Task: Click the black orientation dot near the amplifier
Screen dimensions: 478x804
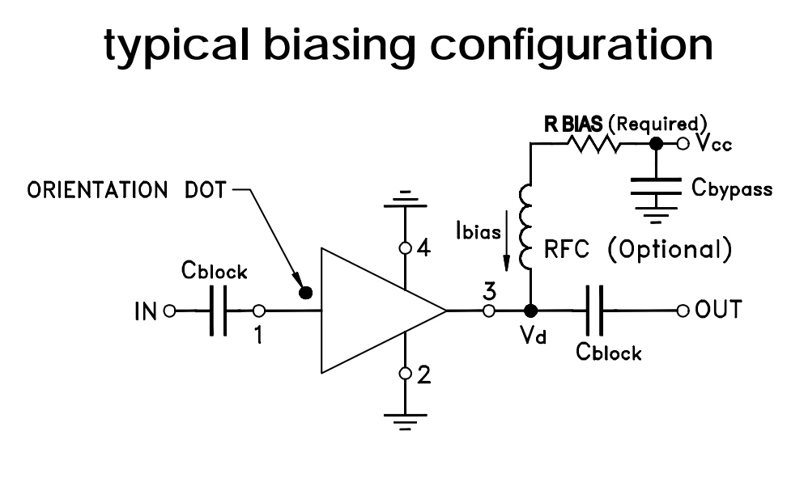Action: point(306,293)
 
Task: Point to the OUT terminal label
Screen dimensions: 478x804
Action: point(717,310)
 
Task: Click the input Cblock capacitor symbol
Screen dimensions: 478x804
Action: point(217,311)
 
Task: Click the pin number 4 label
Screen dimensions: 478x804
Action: point(423,249)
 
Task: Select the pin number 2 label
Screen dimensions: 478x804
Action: point(423,374)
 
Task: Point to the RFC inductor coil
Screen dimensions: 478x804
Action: point(530,226)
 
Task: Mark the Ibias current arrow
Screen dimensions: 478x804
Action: point(505,247)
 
